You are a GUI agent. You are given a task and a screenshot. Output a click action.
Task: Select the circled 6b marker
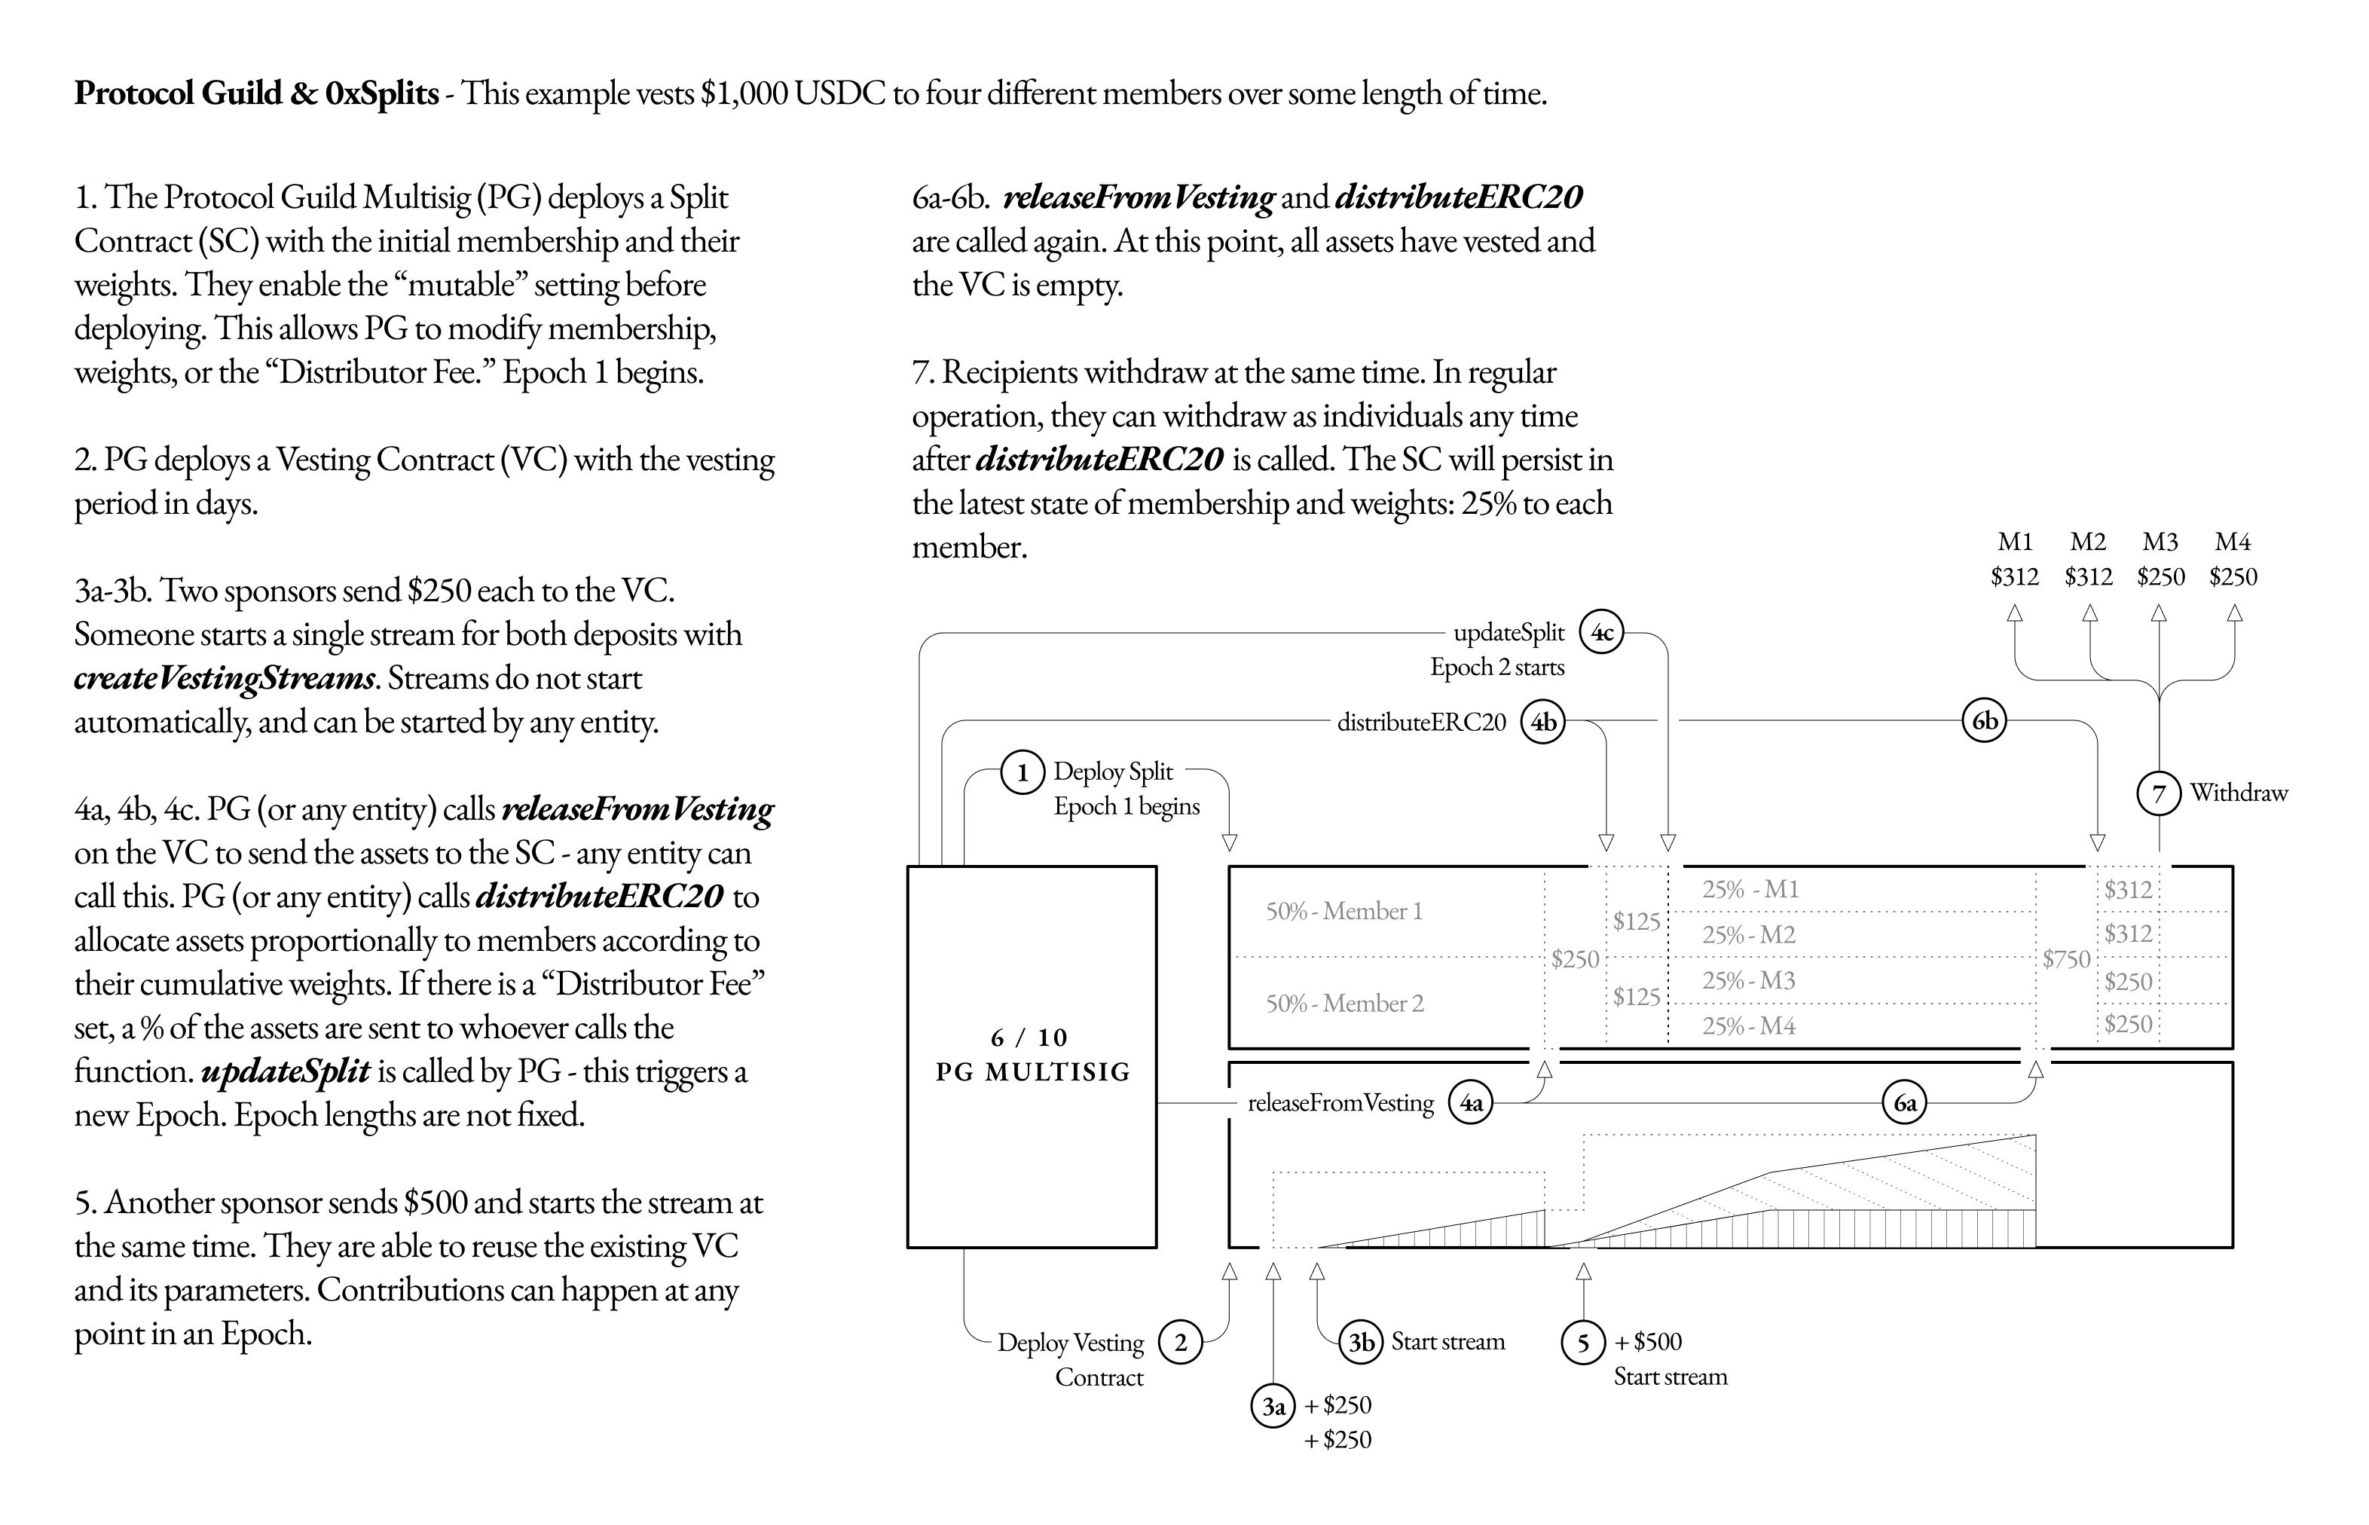1984,721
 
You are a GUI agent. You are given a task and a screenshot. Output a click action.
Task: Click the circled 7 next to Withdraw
2159,793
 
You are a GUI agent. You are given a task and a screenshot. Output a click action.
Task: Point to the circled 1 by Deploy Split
1022,772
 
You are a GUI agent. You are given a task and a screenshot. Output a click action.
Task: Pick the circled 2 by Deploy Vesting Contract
1179,1343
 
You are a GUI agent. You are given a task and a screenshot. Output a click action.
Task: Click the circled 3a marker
1273,1405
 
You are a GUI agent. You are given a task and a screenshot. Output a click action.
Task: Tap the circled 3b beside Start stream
1362,1342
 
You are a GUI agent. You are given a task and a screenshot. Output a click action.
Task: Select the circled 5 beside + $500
1582,1343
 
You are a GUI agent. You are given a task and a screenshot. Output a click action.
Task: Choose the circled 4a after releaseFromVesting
1472,1103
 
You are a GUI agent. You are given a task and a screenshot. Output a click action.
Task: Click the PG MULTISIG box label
1032,1056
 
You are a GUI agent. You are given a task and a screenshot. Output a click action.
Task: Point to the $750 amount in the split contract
2066,958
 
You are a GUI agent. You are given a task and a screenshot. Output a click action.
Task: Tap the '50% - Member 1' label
1344,911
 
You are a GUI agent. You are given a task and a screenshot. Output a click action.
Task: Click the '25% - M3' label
1748,980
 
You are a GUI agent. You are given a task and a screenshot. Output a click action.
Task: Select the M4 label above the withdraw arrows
2233,542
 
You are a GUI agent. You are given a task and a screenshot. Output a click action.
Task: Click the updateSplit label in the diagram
1509,633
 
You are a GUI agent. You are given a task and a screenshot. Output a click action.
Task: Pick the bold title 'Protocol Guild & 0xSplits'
256,93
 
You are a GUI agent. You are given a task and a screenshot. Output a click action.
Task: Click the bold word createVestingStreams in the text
225,678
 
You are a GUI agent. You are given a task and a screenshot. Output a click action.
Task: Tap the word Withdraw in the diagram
2239,793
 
